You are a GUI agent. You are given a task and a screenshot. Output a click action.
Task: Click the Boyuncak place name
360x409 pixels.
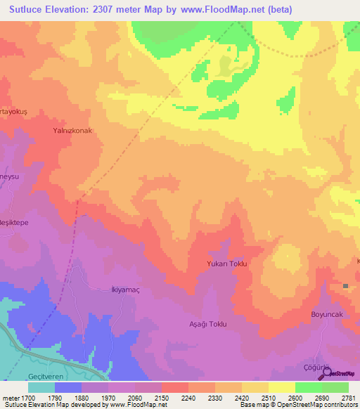pyautogui.click(x=327, y=315)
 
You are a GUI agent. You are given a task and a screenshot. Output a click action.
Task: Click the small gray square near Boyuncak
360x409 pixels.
pyautogui.click(x=346, y=285)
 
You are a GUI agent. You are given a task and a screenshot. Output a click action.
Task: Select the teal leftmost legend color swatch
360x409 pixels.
pyautogui.click(x=41, y=387)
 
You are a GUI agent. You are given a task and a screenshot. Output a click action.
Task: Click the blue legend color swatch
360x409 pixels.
pyautogui.click(x=67, y=387)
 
